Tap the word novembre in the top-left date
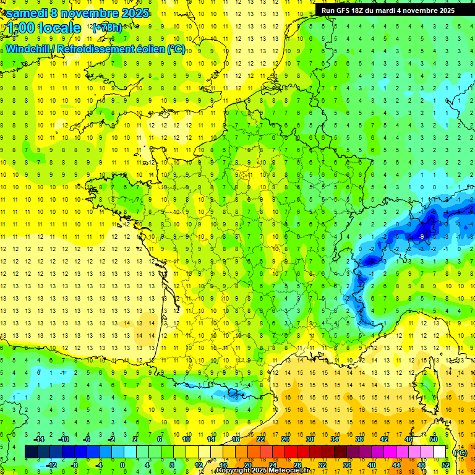[88, 12]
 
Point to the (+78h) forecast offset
[107, 28]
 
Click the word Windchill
[28, 49]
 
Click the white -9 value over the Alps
[421, 236]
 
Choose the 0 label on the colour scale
[122, 465]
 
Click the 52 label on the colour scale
[445, 465]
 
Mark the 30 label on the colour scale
[309, 439]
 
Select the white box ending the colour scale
[440, 452]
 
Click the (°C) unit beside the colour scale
[460, 452]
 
